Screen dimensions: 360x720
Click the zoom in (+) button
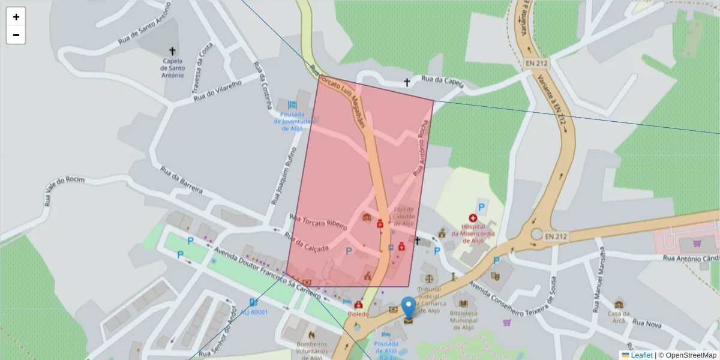pyautogui.click(x=16, y=17)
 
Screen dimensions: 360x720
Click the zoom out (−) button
pyautogui.click(x=16, y=35)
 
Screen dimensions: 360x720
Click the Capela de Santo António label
pyautogui.click(x=173, y=68)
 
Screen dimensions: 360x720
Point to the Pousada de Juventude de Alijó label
pyautogui.click(x=292, y=121)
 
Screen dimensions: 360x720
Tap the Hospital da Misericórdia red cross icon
pyautogui.click(x=473, y=219)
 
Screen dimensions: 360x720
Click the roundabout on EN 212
pyautogui.click(x=536, y=235)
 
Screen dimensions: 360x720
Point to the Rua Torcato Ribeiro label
pyautogui.click(x=319, y=223)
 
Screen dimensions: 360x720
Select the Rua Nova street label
pyautogui.click(x=646, y=324)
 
